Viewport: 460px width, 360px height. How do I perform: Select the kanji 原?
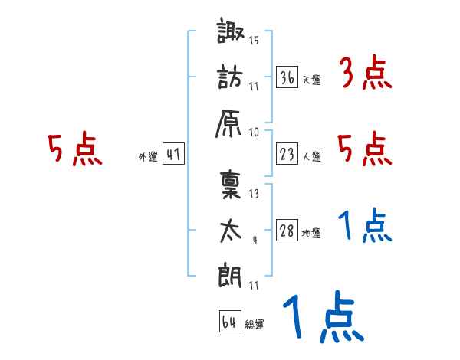[x=232, y=121]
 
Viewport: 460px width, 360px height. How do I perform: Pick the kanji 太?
[x=232, y=230]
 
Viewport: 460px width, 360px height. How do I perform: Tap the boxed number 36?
[x=287, y=77]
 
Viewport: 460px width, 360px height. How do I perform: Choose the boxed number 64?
[x=229, y=322]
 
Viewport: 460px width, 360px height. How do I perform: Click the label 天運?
[x=311, y=80]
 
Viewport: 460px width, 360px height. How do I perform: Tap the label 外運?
[x=147, y=158]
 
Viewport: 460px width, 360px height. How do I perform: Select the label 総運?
[x=255, y=325]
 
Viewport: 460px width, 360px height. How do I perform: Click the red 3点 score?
[x=365, y=75]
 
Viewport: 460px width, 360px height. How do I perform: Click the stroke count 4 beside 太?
[x=254, y=239]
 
